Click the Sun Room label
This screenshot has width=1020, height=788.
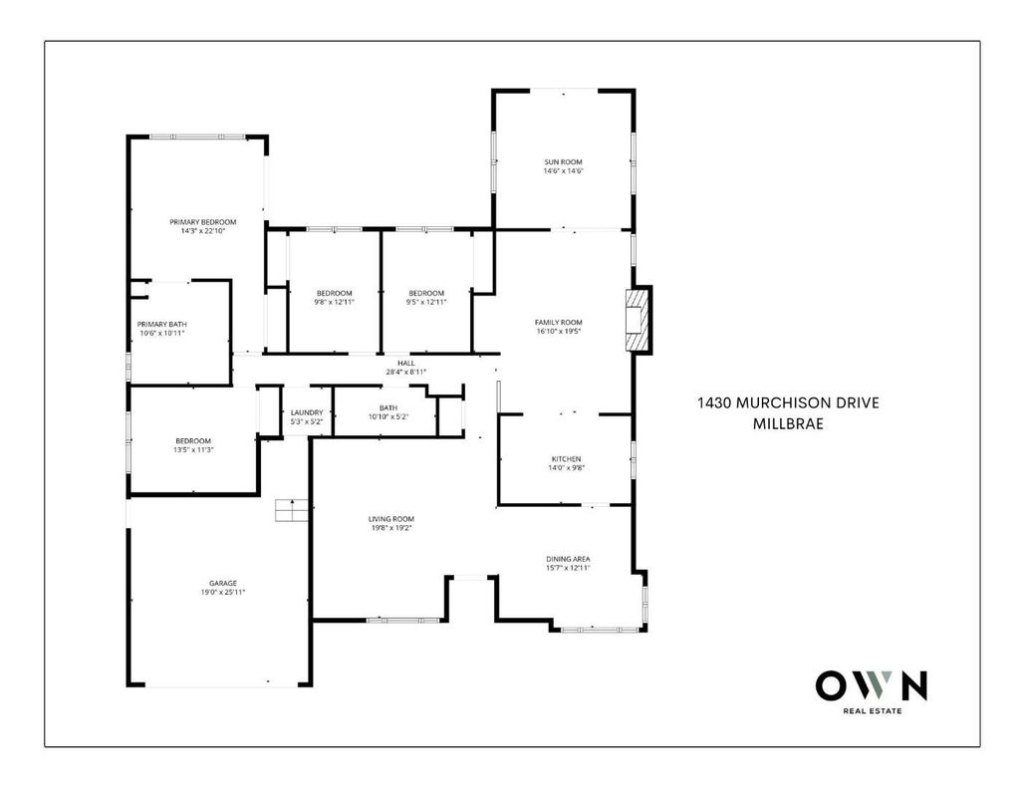564,162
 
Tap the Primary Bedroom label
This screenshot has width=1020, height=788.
203,222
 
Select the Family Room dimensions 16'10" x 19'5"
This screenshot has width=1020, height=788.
558,331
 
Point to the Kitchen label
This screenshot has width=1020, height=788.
566,458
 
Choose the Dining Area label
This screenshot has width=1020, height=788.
568,558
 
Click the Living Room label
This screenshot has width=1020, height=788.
390,519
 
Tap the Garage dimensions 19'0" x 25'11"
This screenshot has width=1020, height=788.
223,592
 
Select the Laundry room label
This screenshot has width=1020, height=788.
307,412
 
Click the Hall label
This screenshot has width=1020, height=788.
406,363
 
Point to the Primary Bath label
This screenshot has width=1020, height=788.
162,324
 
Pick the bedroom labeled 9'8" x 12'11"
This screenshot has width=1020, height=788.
335,298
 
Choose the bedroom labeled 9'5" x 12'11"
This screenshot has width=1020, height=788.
426,298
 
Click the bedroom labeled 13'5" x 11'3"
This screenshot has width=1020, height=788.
193,445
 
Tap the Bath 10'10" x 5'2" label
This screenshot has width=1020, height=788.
388,412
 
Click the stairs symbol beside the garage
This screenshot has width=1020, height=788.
291,510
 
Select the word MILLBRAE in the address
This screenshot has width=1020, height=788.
789,423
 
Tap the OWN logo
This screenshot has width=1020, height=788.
872,685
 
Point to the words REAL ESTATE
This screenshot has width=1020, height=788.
873,711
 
